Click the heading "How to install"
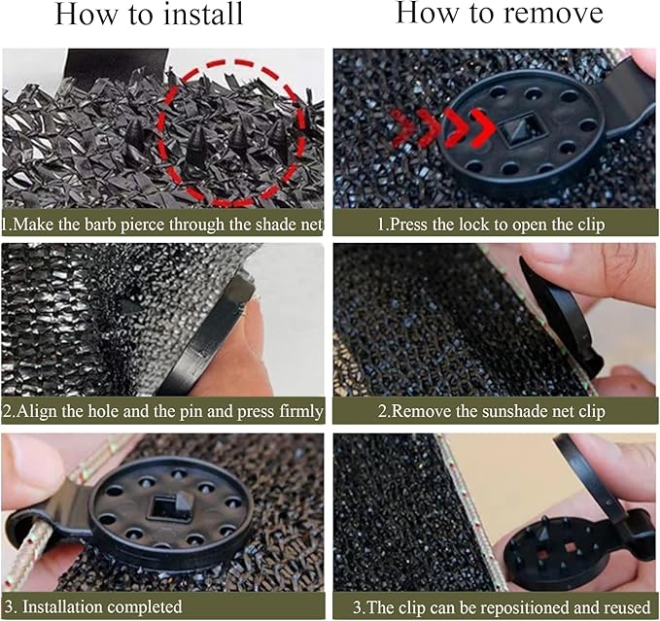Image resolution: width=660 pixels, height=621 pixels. [x=149, y=15]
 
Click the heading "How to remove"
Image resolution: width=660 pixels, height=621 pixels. [x=500, y=13]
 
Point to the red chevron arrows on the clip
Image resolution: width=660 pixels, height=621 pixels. [x=443, y=128]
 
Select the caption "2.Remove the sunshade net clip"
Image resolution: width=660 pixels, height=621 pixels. [x=491, y=411]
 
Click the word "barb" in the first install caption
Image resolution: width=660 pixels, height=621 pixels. [x=101, y=224]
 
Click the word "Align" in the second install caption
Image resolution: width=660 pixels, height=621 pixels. [x=36, y=411]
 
